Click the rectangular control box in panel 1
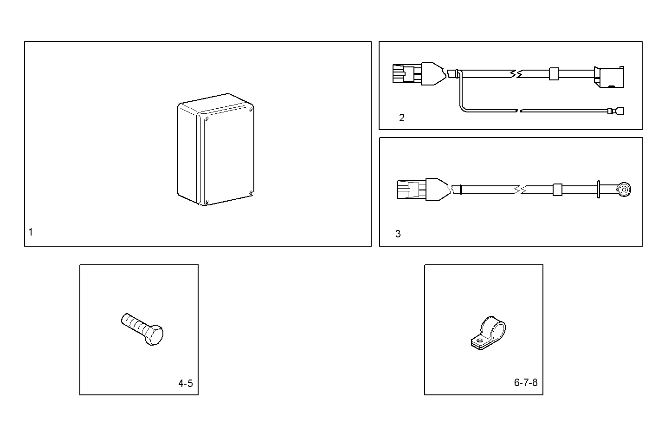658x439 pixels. tap(216, 149)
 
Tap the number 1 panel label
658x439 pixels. tap(31, 232)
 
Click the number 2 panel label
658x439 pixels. tap(402, 118)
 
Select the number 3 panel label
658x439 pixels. tap(398, 234)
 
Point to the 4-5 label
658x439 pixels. tap(185, 383)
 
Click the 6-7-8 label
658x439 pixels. tap(526, 382)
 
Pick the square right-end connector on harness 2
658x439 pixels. tap(609, 77)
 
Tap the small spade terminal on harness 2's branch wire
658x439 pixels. tap(617, 111)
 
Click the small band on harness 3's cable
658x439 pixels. tap(557, 190)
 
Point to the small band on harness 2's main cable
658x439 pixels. tap(553, 74)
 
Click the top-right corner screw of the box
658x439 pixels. tap(251, 111)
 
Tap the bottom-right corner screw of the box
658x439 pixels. tap(251, 192)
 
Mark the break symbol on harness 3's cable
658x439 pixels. tap(520, 190)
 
